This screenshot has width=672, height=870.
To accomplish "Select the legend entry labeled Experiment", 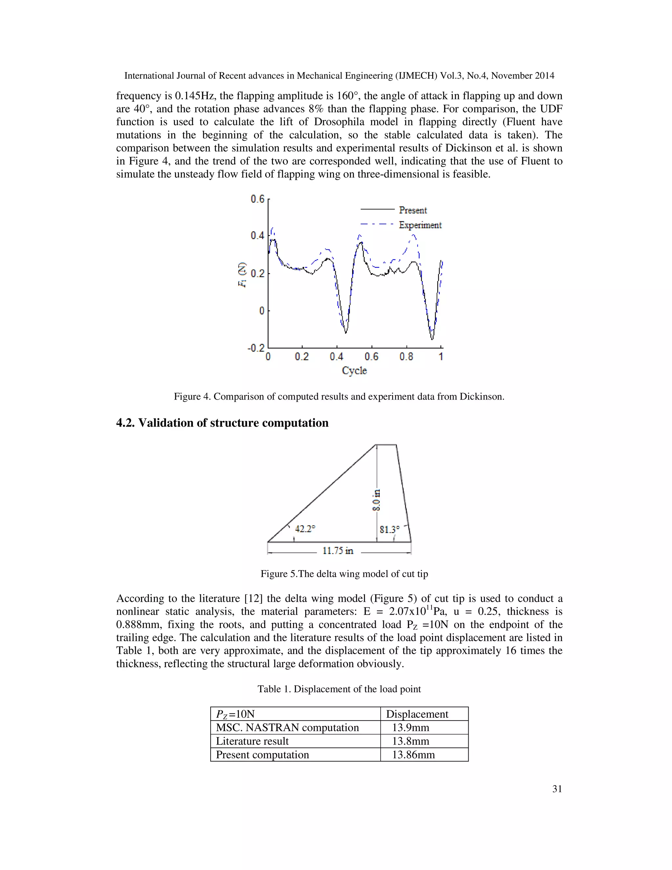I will [420, 225].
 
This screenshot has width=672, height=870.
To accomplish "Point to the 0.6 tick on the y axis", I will [258, 199].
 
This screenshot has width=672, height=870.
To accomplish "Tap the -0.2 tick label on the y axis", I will [256, 348].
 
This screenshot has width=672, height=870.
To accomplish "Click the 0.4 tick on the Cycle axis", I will [336, 357].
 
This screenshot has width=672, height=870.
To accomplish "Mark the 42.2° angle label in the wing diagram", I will [305, 529].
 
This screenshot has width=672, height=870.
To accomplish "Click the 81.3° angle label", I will [389, 530].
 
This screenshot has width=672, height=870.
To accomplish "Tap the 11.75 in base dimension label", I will [338, 551].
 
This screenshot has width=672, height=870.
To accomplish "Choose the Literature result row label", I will [252, 741].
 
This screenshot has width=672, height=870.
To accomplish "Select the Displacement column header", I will [417, 714].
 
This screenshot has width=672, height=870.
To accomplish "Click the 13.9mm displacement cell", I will [410, 728].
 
